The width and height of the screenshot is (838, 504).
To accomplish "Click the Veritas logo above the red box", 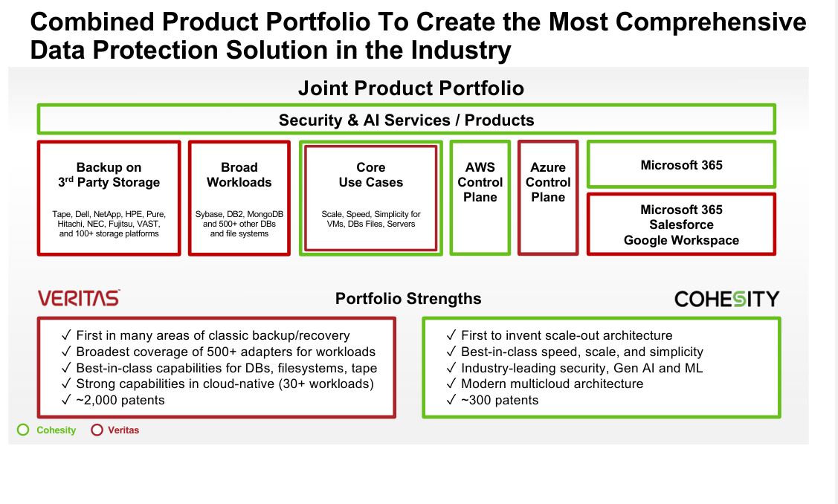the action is pyautogui.click(x=79, y=297).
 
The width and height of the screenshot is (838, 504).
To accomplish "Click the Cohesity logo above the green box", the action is pyautogui.click(x=727, y=299).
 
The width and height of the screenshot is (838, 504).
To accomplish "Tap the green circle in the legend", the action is pyautogui.click(x=23, y=430).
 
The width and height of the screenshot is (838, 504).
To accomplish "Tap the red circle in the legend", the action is pyautogui.click(x=97, y=430).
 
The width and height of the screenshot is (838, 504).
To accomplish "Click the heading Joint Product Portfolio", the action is pyautogui.click(x=411, y=88).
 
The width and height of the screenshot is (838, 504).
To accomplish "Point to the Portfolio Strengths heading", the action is pyautogui.click(x=408, y=298).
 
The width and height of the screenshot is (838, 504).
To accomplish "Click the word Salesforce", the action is pyautogui.click(x=681, y=224).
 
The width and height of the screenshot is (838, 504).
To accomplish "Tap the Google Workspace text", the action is pyautogui.click(x=681, y=240).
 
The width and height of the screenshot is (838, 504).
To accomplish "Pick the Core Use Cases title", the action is pyautogui.click(x=371, y=175).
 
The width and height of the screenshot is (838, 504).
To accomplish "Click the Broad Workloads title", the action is pyautogui.click(x=239, y=175).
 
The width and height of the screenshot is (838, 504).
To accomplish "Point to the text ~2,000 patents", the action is pyautogui.click(x=120, y=400).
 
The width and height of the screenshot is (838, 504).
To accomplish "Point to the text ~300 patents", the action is pyautogui.click(x=500, y=400).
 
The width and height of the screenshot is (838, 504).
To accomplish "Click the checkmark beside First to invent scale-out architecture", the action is pyautogui.click(x=451, y=335).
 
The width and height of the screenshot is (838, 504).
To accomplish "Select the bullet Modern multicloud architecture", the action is pyautogui.click(x=552, y=384).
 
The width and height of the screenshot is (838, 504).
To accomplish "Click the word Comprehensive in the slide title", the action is pyautogui.click(x=711, y=22).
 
